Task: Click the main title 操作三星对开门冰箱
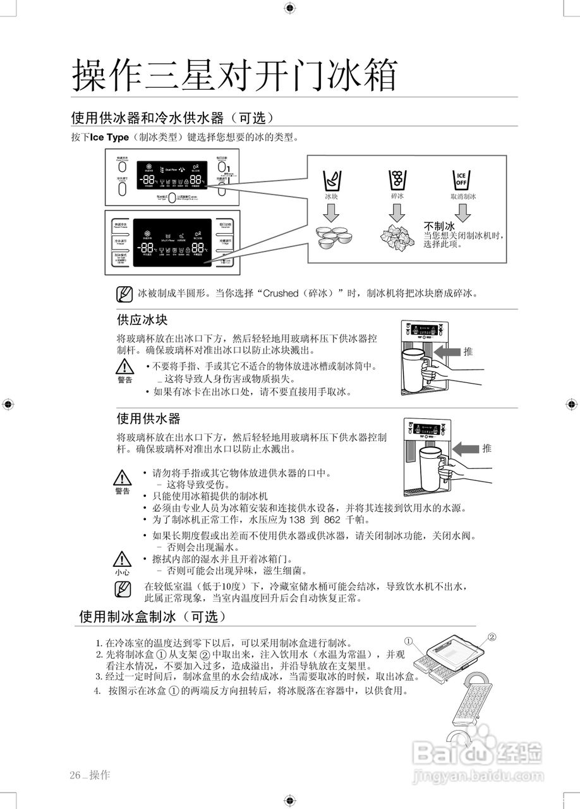234,75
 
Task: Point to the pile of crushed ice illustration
397,236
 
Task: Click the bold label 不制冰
439,226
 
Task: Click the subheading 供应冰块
142,320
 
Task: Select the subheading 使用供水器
148,418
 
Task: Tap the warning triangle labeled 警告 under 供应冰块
125,367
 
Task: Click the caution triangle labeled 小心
122,559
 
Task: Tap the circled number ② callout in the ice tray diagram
492,636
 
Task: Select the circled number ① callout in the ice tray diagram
409,641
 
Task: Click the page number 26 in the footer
76,775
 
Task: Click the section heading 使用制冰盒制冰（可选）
152,616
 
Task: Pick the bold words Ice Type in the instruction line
109,137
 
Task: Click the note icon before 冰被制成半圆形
124,294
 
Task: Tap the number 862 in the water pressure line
332,520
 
